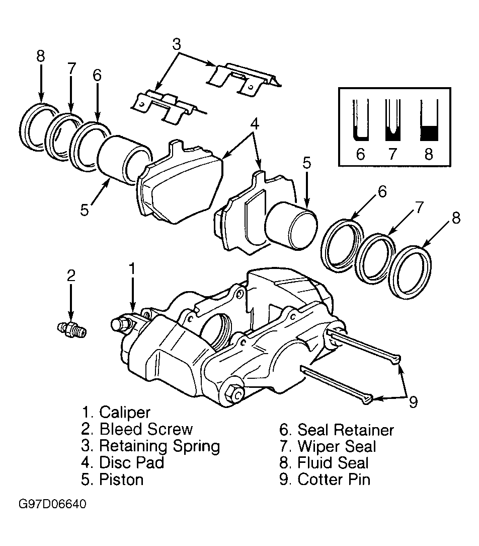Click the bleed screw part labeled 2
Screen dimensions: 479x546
click(72, 329)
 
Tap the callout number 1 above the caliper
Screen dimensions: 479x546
click(132, 269)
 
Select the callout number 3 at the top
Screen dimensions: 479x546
click(177, 44)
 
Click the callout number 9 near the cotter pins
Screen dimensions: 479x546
click(413, 402)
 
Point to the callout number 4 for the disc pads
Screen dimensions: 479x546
click(255, 123)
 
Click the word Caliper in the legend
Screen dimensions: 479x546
click(125, 413)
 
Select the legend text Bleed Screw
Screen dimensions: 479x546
click(146, 429)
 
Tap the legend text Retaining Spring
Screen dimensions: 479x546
click(159, 446)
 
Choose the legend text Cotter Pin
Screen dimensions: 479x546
click(334, 480)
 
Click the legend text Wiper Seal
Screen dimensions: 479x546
click(337, 446)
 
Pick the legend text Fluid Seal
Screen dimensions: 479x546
click(333, 463)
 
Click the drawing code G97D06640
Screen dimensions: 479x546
click(52, 504)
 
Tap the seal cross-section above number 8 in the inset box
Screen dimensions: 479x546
click(429, 120)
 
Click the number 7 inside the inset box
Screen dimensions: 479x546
click(393, 154)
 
